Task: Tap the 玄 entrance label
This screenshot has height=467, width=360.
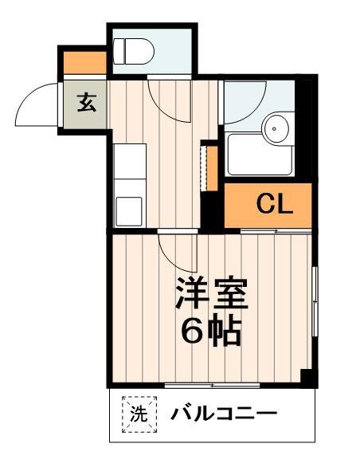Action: (86, 104)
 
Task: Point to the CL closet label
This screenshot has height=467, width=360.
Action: (274, 205)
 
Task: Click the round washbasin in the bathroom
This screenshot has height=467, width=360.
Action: (276, 126)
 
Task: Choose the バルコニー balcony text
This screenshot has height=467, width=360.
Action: (223, 414)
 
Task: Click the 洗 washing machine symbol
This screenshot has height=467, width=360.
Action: (139, 414)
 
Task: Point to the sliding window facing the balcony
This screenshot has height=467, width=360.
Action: (212, 386)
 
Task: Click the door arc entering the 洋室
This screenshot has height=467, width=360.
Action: (173, 253)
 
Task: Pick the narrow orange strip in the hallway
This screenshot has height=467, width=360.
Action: (212, 167)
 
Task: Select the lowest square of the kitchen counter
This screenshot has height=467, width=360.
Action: (128, 211)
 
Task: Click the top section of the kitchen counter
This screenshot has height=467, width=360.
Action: (128, 158)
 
